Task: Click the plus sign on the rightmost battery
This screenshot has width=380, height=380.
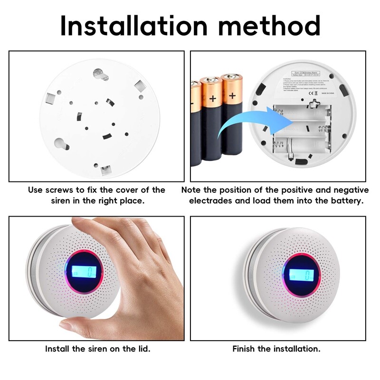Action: tap(232, 96)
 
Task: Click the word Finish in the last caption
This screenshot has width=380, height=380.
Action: tap(244, 349)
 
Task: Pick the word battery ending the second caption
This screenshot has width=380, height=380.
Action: tap(346, 201)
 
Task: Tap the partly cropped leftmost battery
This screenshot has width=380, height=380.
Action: tap(195, 123)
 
